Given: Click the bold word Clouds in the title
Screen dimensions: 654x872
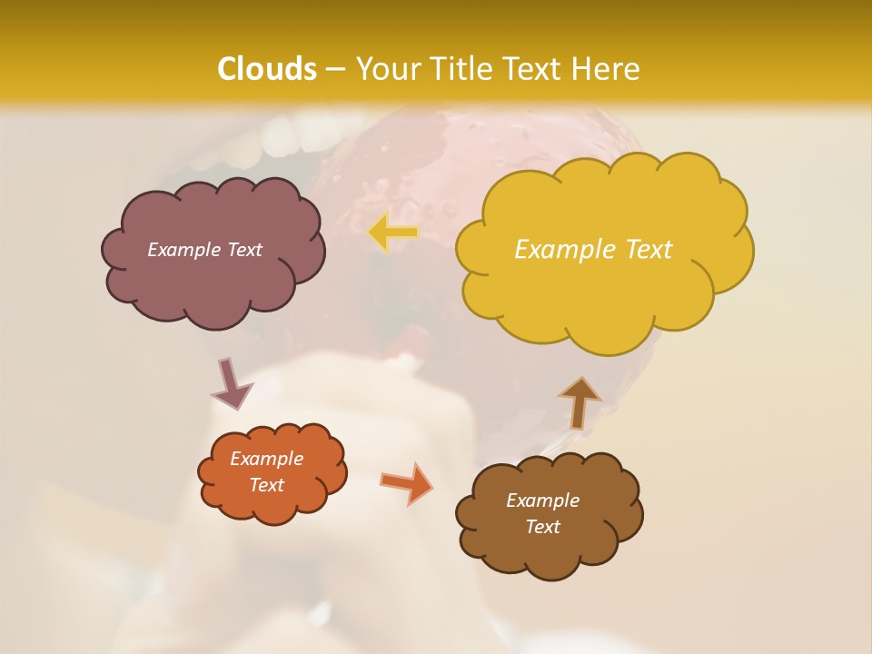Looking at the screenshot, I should pyautogui.click(x=267, y=69).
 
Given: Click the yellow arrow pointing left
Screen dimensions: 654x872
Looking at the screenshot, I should pyautogui.click(x=393, y=233).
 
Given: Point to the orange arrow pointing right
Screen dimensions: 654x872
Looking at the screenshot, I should pyautogui.click(x=406, y=482).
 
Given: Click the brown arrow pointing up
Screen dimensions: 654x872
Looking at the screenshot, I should pyautogui.click(x=580, y=401).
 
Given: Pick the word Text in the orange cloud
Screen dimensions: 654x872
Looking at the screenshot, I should pyautogui.click(x=267, y=485).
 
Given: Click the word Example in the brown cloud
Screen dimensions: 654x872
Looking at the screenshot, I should pyautogui.click(x=542, y=500).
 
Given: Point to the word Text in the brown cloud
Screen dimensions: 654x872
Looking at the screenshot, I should pyautogui.click(x=542, y=527).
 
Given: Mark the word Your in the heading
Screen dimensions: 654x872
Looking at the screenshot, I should pyautogui.click(x=384, y=69).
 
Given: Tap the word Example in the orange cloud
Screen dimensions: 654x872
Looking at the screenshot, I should pyautogui.click(x=267, y=459).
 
